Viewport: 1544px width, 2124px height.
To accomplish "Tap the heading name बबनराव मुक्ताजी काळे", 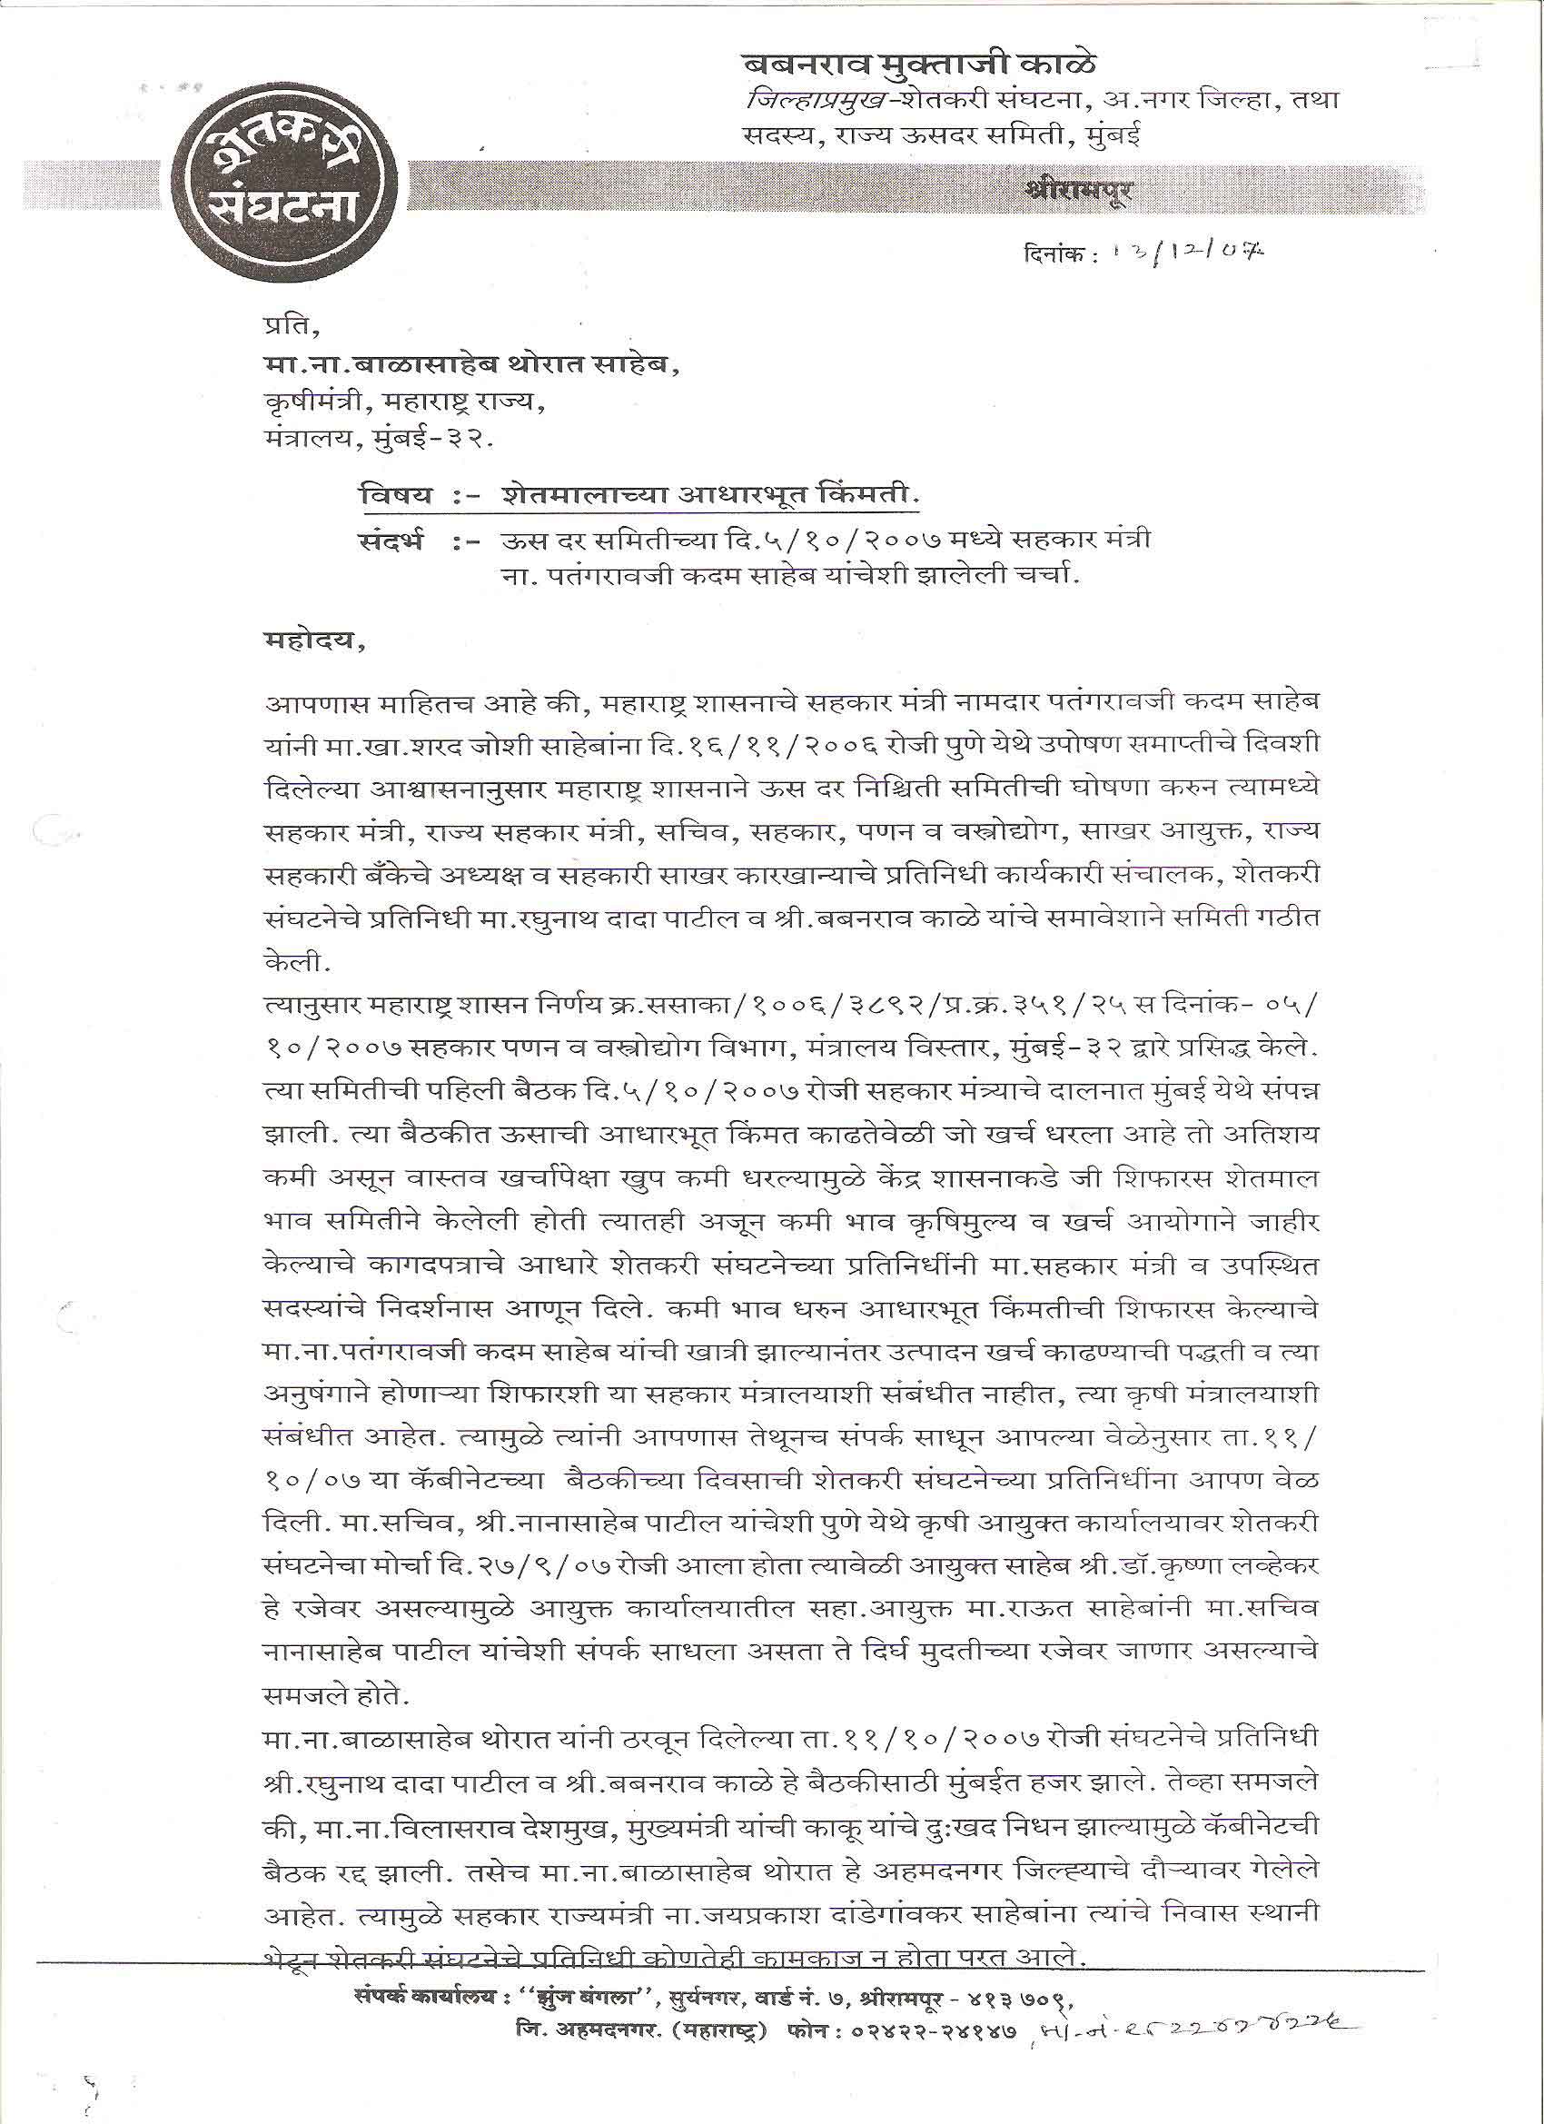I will [x=918, y=65].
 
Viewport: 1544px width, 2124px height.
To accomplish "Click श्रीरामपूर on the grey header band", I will [x=1078, y=190].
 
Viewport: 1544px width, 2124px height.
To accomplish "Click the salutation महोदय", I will [x=313, y=644].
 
